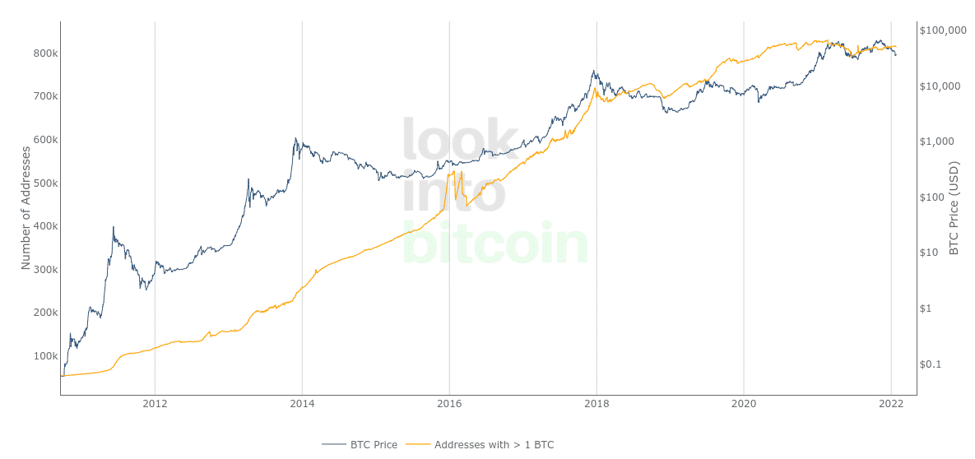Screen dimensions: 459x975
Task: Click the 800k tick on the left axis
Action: [45, 53]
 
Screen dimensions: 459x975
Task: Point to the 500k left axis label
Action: [45, 183]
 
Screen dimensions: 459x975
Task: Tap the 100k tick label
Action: [45, 356]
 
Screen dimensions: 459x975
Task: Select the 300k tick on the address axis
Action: [45, 270]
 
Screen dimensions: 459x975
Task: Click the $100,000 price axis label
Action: [943, 30]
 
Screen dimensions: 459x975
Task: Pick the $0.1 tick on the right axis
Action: [931, 364]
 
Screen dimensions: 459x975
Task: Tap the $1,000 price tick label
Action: [936, 141]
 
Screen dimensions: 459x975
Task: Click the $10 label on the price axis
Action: [929, 253]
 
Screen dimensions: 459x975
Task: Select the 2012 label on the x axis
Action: [155, 404]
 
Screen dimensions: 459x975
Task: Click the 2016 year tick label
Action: [449, 404]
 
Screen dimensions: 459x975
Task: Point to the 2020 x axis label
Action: [744, 404]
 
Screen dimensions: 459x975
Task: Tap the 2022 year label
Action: [891, 404]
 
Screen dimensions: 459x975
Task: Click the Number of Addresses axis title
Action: [26, 208]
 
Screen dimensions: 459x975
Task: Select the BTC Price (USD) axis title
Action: [954, 208]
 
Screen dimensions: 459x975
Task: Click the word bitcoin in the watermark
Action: [495, 243]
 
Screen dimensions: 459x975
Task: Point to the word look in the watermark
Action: [461, 140]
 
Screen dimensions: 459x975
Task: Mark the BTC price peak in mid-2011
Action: [113, 228]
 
